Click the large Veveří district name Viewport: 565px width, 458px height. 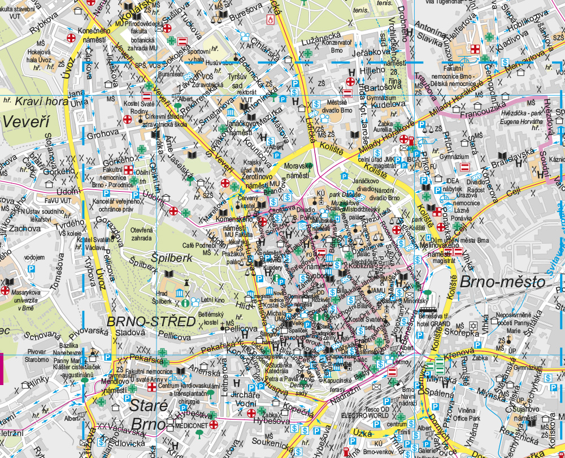pyautogui.click(x=26, y=121)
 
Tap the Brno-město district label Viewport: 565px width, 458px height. pyautogui.click(x=502, y=281)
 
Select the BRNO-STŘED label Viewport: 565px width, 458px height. pyautogui.click(x=151, y=322)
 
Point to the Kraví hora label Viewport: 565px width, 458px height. pyautogui.click(x=42, y=102)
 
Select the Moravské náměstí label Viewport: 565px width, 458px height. pyautogui.click(x=298, y=170)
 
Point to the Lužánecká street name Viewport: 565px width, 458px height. pyautogui.click(x=319, y=34)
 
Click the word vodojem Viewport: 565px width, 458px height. pyautogui.click(x=34, y=257)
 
